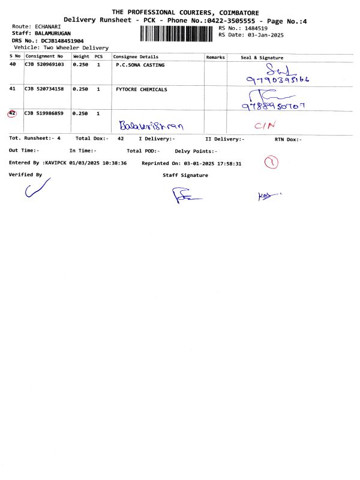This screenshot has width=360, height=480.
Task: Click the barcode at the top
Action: click(176, 34)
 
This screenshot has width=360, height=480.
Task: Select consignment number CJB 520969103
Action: click(44, 64)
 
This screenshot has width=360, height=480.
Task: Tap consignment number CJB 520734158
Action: click(44, 89)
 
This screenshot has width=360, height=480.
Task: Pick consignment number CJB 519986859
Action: click(44, 113)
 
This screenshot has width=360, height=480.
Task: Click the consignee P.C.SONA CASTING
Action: click(140, 64)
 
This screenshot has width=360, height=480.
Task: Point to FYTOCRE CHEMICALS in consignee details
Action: click(142, 89)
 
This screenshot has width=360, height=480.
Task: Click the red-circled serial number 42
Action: click(13, 113)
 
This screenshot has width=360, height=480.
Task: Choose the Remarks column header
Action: click(215, 57)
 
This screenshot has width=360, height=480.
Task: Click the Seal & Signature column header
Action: click(262, 58)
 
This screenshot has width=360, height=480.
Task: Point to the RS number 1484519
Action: click(254, 28)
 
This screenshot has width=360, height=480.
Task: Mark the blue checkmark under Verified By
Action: click(37, 191)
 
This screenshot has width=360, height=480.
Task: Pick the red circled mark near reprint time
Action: click(272, 163)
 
